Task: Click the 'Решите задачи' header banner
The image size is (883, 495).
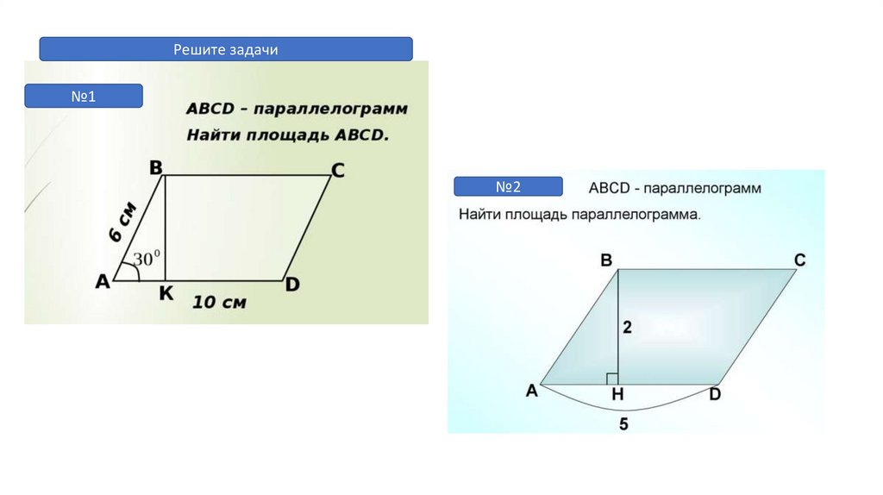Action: click(225, 49)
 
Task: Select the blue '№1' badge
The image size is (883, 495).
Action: click(83, 96)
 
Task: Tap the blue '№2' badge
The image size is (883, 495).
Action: click(508, 186)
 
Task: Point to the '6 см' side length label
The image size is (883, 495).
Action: click(122, 222)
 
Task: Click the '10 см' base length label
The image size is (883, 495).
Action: click(219, 302)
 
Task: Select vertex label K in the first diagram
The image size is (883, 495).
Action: click(166, 294)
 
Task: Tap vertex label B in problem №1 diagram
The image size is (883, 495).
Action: click(156, 167)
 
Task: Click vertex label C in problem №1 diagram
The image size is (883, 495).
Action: click(338, 171)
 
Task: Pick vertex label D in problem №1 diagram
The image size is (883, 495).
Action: click(292, 284)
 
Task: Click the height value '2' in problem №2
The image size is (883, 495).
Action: click(627, 327)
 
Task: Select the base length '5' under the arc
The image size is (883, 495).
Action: click(623, 423)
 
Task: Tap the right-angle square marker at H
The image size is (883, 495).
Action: click(612, 379)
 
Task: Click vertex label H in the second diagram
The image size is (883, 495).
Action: click(617, 395)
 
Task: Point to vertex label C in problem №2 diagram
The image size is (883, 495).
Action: click(799, 260)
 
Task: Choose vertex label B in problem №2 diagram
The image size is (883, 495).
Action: click(606, 260)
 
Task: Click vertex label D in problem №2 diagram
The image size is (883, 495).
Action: click(715, 395)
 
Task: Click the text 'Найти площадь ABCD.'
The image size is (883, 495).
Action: click(288, 135)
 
